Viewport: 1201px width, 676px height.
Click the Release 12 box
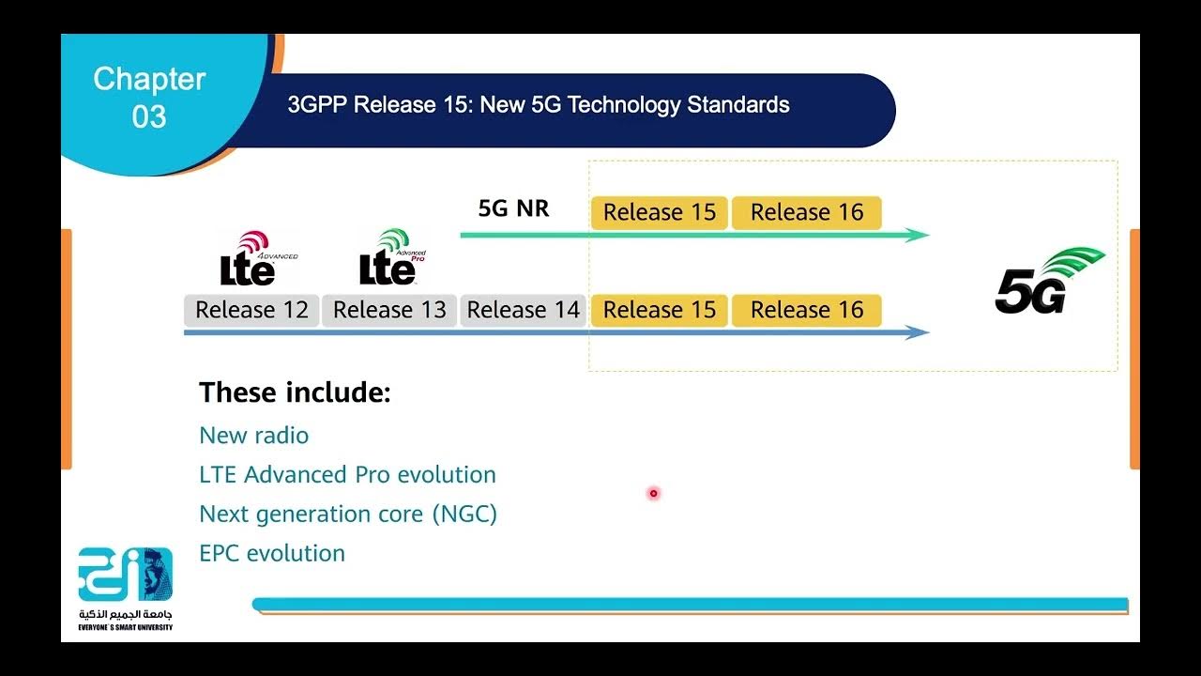[x=251, y=310]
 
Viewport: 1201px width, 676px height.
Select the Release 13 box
[x=389, y=310]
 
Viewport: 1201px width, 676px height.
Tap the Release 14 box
[x=523, y=310]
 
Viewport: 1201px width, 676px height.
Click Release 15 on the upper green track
[x=659, y=212]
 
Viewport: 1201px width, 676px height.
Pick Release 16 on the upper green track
[x=806, y=212]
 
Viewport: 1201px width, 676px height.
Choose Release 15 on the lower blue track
[x=659, y=310]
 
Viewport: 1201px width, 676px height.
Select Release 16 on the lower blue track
[x=806, y=310]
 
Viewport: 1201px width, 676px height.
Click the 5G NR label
[x=513, y=208]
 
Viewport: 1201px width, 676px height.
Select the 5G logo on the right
[x=1049, y=281]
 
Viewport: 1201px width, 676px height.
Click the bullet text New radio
[x=253, y=436]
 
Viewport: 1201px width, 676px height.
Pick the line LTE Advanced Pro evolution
[x=347, y=475]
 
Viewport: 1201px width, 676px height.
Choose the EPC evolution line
[x=272, y=554]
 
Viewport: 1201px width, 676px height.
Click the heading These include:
[x=295, y=392]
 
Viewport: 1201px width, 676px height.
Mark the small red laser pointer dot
[x=653, y=493]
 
